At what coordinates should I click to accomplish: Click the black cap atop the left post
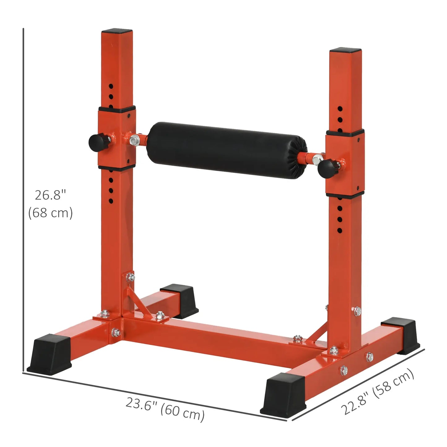point(117,32)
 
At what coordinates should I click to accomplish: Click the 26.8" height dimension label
point(50,195)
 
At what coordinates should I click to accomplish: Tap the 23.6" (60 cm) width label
point(165,409)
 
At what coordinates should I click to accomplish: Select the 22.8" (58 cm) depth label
point(377,391)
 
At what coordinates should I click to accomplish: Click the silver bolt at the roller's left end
point(135,140)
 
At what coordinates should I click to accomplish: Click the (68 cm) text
point(50,213)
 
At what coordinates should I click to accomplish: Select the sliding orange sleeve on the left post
point(117,138)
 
